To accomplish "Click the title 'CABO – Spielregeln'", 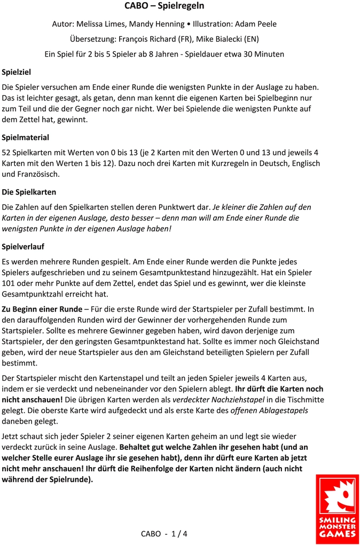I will pos(164,6).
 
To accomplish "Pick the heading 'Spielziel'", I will pos(17,72).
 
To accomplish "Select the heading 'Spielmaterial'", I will pos(26,137).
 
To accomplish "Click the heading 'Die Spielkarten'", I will pos(29,192).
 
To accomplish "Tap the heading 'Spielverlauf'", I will pos(23,246).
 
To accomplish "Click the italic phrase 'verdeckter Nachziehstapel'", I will pos(218,400).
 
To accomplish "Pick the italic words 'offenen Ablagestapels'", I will pos(269,411).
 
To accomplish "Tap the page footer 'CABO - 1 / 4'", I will pos(164,533).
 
